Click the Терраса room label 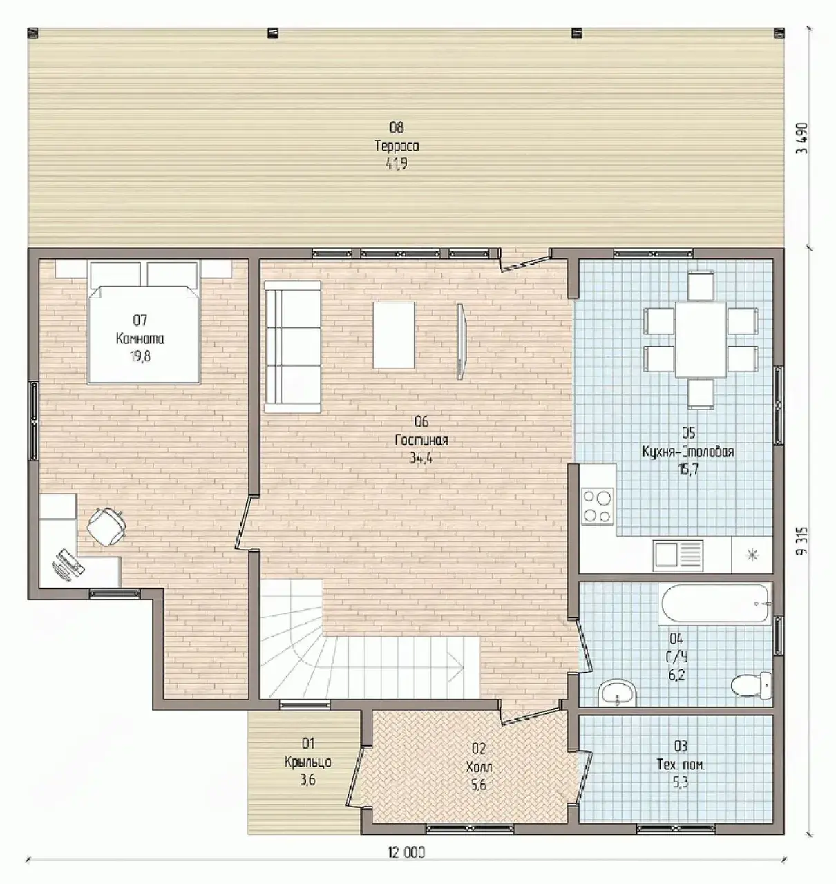(x=397, y=146)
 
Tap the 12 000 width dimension (x=406, y=852)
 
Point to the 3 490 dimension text (x=802, y=138)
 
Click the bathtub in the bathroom (x=714, y=604)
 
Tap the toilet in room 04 (x=751, y=686)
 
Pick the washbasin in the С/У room (x=617, y=692)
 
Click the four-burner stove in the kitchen (x=597, y=506)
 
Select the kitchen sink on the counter (x=678, y=556)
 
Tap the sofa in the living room (x=292, y=346)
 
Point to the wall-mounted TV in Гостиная (x=461, y=341)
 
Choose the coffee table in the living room (x=394, y=336)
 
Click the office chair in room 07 (x=106, y=526)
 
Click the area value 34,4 (x=421, y=458)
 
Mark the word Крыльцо (x=308, y=762)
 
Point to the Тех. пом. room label (x=681, y=765)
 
